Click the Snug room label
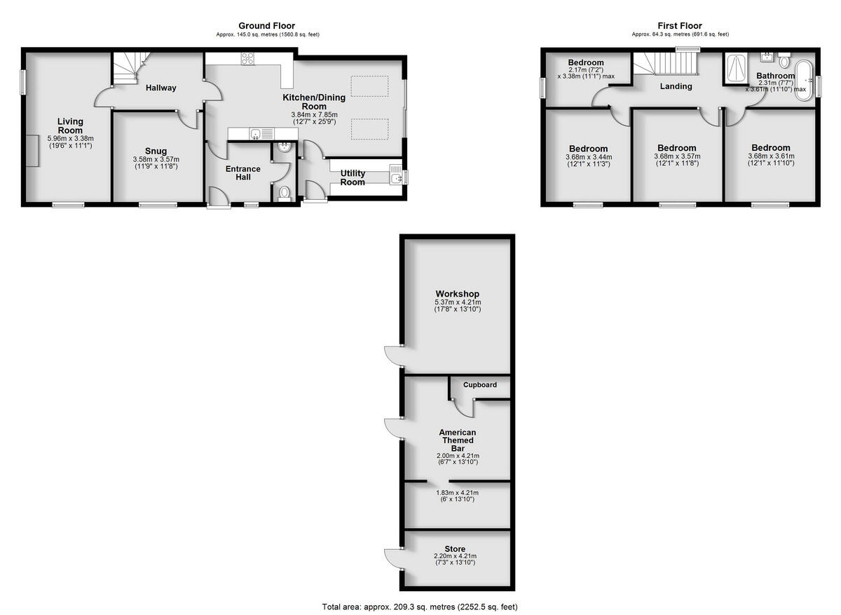coord(156,151)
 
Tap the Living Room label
coord(70,126)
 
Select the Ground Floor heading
coord(266,26)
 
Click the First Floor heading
coord(680,26)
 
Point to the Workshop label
coord(457,293)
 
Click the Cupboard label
coord(480,385)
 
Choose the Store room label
coord(455,549)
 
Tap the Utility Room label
coord(353,177)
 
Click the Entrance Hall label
coord(242,173)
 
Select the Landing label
coord(676,86)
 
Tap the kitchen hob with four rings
coord(247,60)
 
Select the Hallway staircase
coord(128,68)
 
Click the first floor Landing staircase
coord(666,65)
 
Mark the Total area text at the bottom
coord(420,607)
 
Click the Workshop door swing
coord(393,357)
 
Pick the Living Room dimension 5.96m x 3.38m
coord(70,138)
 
